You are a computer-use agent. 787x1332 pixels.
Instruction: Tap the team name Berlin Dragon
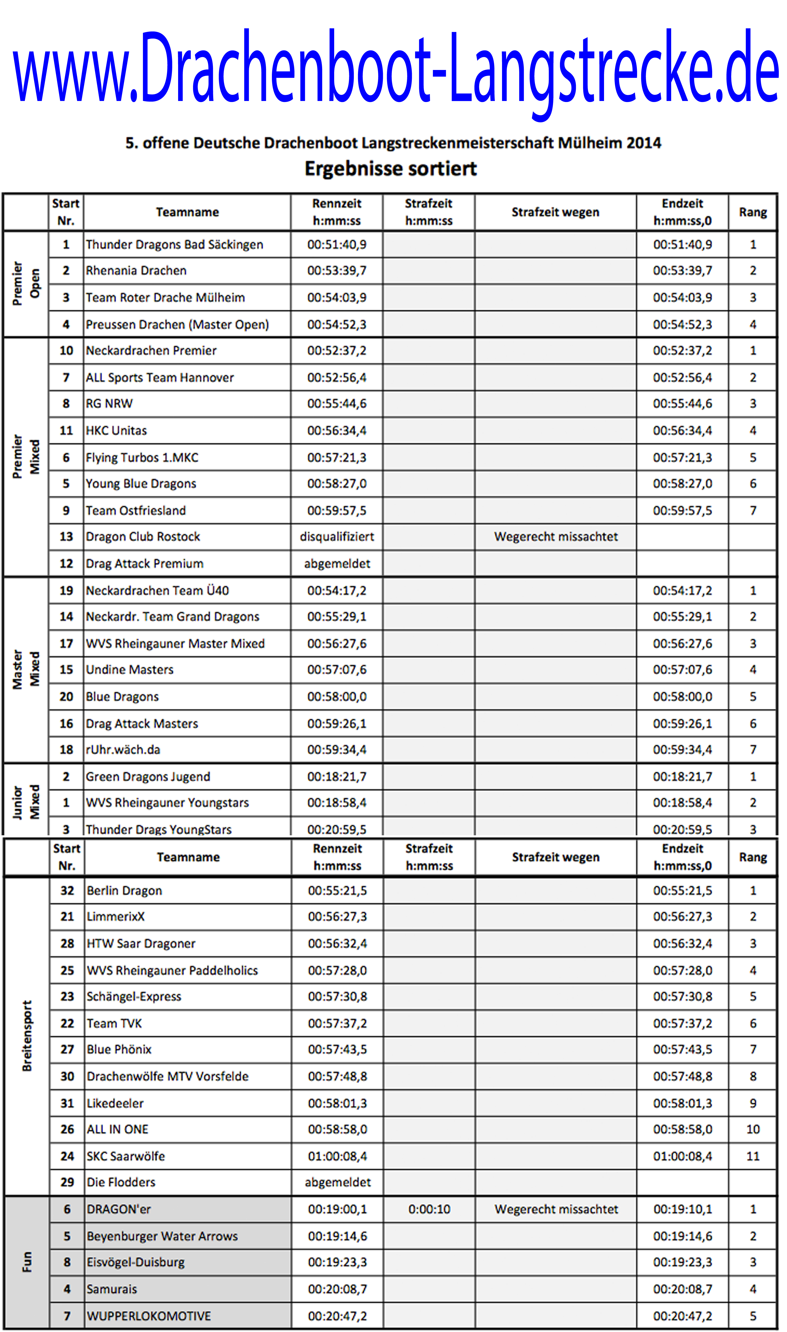pos(125,891)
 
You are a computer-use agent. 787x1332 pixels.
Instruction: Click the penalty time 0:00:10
pos(429,1209)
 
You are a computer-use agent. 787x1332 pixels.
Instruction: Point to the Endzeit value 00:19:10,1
pos(682,1209)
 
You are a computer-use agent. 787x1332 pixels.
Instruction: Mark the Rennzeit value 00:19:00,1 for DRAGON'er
pos(337,1209)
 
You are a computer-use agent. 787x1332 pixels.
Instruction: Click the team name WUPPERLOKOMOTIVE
pos(149,1316)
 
